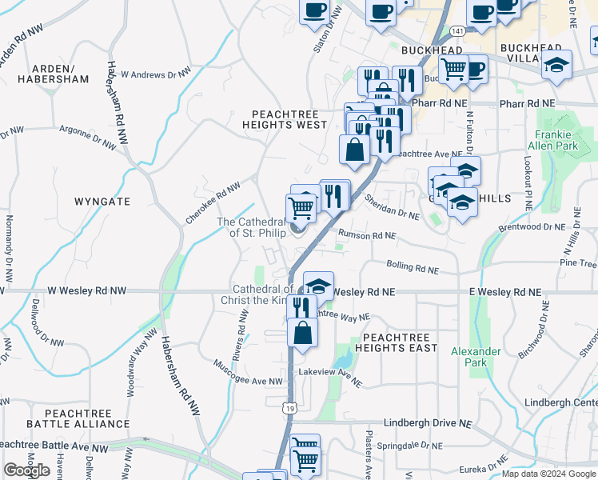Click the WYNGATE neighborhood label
tap(102, 202)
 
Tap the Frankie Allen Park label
tap(552, 141)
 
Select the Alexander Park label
tap(476, 357)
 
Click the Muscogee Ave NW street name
tap(249, 374)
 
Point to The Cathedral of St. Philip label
tap(251, 227)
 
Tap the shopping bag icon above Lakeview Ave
tap(303, 332)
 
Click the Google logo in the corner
tap(27, 470)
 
